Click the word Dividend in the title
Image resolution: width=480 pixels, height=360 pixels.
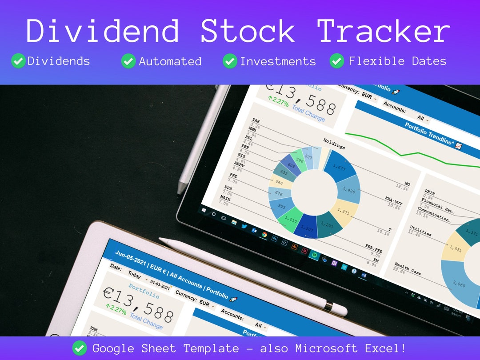click(103, 31)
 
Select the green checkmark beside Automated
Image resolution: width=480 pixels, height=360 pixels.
click(128, 61)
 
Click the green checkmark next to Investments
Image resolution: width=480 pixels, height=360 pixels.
click(230, 61)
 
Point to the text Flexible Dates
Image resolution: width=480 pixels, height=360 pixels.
click(397, 61)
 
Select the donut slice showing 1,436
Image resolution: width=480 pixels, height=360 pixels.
click(349, 191)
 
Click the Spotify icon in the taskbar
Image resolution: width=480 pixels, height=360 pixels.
click(314, 255)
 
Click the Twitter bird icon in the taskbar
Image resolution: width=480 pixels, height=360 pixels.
click(244, 226)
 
